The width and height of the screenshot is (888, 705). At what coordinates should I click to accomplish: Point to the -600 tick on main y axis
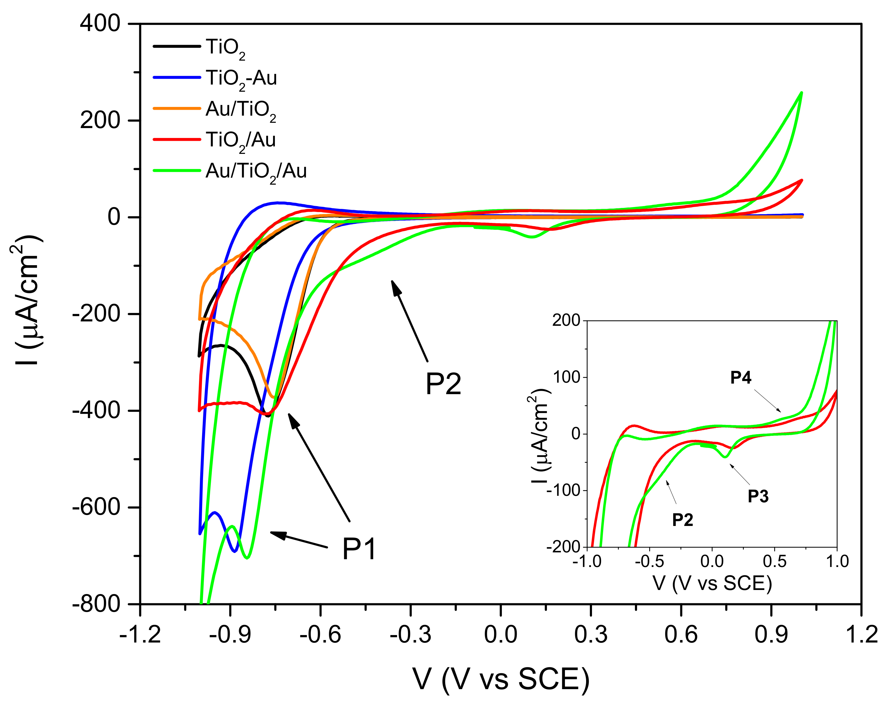click(x=96, y=507)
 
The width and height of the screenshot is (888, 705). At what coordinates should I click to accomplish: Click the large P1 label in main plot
click(x=359, y=549)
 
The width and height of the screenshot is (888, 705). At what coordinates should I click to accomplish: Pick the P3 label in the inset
click(x=758, y=496)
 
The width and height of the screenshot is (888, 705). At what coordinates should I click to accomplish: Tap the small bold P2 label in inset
click(x=682, y=520)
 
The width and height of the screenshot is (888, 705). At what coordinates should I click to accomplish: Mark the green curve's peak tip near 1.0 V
click(x=801, y=93)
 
